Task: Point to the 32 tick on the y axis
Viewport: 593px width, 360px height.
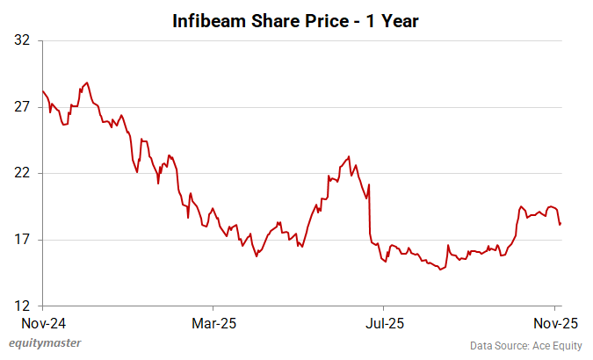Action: click(x=22, y=40)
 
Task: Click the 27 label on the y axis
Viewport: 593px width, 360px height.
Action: click(x=22, y=107)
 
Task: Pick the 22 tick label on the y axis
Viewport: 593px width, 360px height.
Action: click(x=22, y=173)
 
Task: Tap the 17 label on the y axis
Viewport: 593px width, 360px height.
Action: click(x=22, y=240)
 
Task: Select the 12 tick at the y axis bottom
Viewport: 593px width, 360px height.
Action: click(x=22, y=306)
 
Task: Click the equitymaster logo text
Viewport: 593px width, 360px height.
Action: click(x=51, y=343)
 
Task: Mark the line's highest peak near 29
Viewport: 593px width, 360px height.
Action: click(x=86, y=83)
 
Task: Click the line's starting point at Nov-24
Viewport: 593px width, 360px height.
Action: click(x=42, y=91)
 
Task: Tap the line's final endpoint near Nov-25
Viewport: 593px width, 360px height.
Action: click(x=560, y=224)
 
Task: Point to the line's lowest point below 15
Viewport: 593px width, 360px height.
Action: click(x=441, y=269)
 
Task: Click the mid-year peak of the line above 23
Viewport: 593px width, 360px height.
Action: click(x=349, y=157)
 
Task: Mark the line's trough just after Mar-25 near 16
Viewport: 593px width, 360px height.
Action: click(x=256, y=256)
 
